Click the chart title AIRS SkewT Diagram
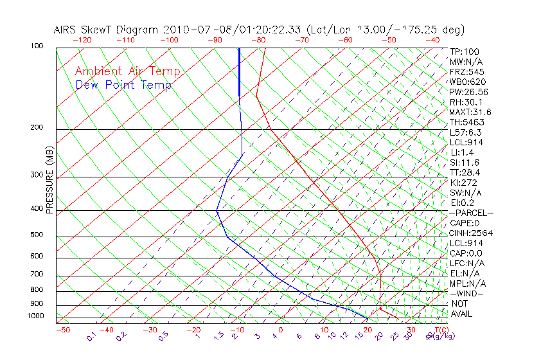tap(107, 30)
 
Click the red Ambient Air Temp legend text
tap(127, 72)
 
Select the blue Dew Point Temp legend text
tap(123, 85)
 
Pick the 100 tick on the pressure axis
tap(37, 46)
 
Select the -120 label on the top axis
tap(82, 40)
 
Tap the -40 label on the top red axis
tap(433, 40)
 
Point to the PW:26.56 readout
tap(468, 92)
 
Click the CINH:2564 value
tap(470, 233)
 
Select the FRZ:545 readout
tap(466, 72)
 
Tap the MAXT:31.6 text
tap(471, 113)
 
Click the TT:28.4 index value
tap(465, 172)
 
